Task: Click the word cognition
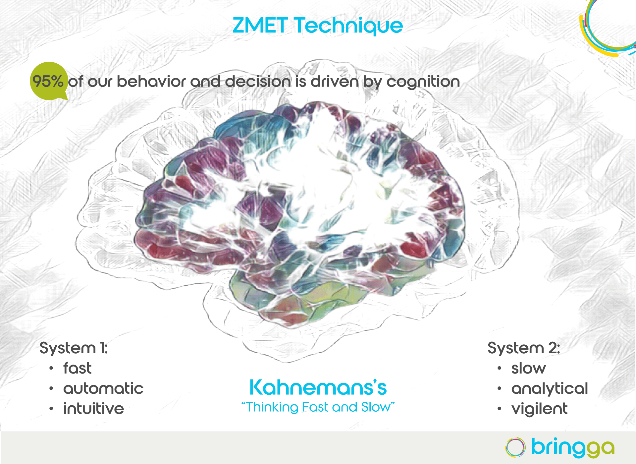click(x=423, y=82)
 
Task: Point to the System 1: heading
click(x=74, y=348)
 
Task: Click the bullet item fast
click(x=77, y=368)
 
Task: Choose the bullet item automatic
click(x=103, y=388)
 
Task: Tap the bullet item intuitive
click(x=93, y=408)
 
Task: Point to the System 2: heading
click(x=524, y=348)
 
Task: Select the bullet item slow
click(x=528, y=368)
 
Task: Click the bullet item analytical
click(x=550, y=389)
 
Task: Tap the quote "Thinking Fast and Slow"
click(x=318, y=407)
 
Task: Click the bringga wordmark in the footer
click(x=572, y=448)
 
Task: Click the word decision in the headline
click(x=258, y=81)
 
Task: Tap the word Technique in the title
click(x=348, y=26)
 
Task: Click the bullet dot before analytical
click(x=499, y=388)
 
